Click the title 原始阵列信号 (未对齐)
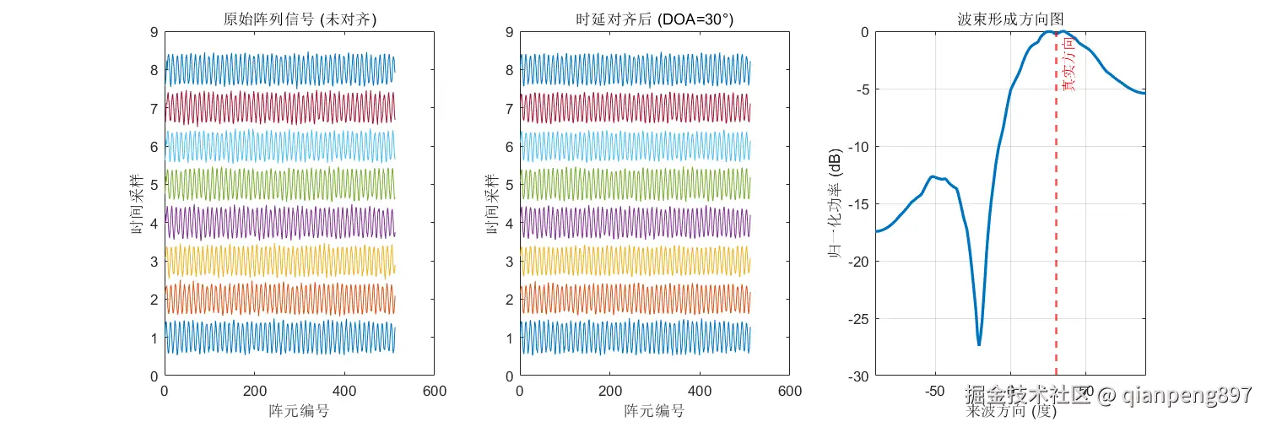pyautogui.click(x=300, y=18)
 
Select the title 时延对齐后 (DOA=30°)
pyautogui.click(x=654, y=18)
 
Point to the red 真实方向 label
pyautogui.click(x=1069, y=63)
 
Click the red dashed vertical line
pyautogui.click(x=1056, y=211)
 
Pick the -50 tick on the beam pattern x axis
pyautogui.click(x=934, y=392)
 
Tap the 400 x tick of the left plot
pyautogui.click(x=344, y=392)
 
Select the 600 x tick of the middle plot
pyautogui.click(x=789, y=392)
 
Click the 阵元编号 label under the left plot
pyautogui.click(x=299, y=411)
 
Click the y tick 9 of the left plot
pyautogui.click(x=154, y=32)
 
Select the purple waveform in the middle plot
pyautogui.click(x=633, y=222)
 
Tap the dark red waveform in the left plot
pyautogui.click(x=279, y=108)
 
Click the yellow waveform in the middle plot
pyautogui.click(x=633, y=260)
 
